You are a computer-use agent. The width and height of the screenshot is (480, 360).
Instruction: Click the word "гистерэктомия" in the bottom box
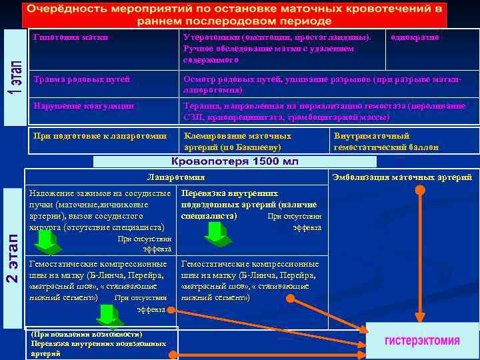click(421, 341)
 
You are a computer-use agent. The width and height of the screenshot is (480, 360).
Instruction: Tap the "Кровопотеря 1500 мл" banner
click(235, 161)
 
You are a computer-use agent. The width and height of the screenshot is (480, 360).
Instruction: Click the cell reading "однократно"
click(415, 37)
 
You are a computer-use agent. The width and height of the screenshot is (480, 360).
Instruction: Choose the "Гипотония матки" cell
click(71, 37)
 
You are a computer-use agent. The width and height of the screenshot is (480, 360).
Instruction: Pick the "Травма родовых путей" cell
click(81, 79)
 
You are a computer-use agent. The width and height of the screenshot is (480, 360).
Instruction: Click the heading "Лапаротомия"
click(175, 177)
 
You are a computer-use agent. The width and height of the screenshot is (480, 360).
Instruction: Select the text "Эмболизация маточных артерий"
click(402, 177)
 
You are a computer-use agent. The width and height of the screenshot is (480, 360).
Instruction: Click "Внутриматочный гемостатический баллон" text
click(386, 141)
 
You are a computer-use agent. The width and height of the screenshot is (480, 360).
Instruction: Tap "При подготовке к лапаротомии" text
click(100, 136)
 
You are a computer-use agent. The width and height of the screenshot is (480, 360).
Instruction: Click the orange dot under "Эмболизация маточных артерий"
click(419, 190)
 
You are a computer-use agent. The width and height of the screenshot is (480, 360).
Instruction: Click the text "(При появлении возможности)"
click(86, 333)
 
